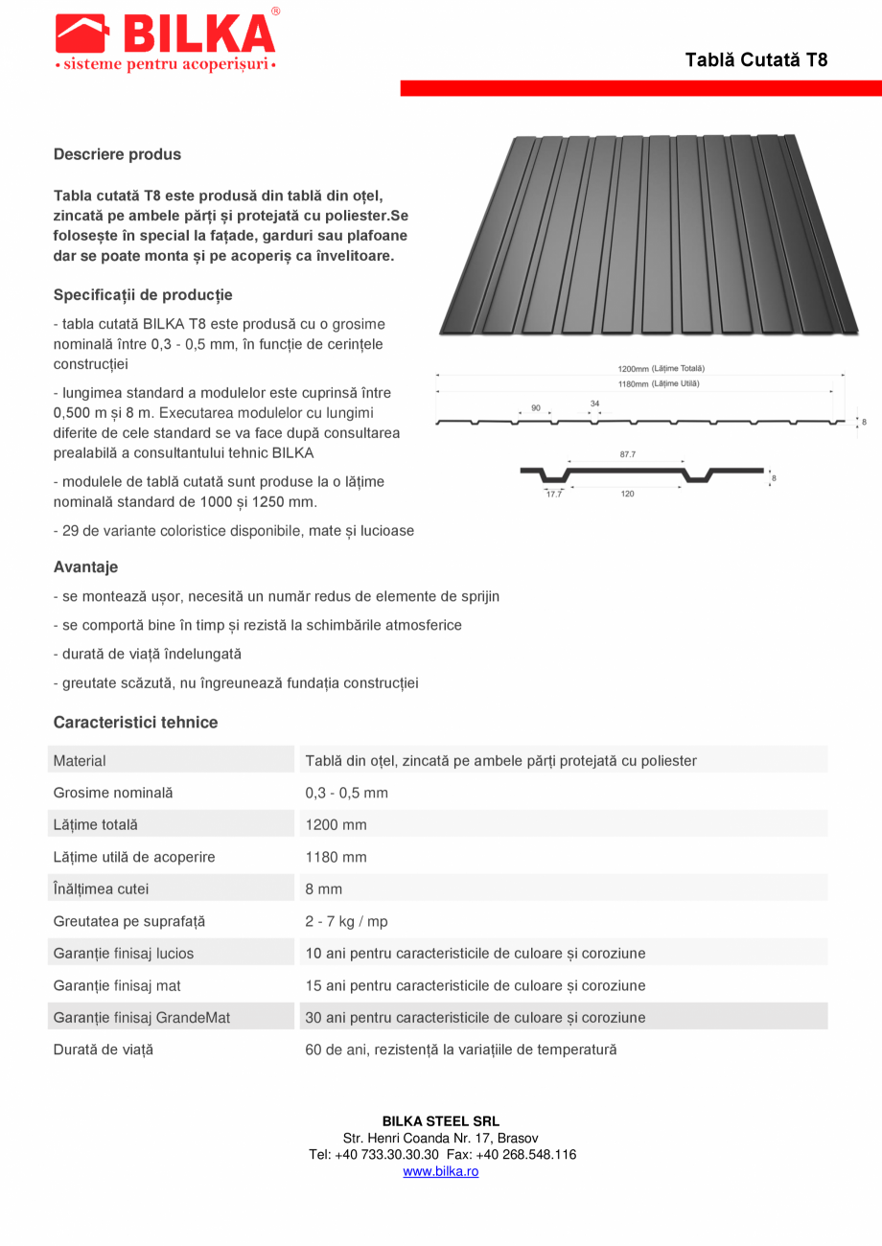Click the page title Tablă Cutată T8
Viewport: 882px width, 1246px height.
[x=755, y=60]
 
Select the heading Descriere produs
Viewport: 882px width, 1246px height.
[x=117, y=154]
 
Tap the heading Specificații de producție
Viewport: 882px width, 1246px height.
[x=143, y=295]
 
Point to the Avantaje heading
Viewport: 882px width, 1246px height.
[x=85, y=567]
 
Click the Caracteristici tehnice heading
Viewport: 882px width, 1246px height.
[x=135, y=723]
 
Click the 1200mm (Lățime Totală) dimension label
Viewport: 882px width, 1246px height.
[x=661, y=368]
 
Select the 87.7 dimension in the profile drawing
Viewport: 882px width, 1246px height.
[x=628, y=455]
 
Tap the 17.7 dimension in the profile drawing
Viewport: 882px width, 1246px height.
[x=554, y=494]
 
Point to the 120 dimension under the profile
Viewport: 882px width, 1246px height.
[x=627, y=494]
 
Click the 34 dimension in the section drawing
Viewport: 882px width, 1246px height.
[x=594, y=404]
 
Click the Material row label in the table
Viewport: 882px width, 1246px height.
[x=80, y=761]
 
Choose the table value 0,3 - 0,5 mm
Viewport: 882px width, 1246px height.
[x=346, y=794]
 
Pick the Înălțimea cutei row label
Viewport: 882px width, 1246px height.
[x=101, y=889]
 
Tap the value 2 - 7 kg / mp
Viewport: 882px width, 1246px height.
[x=346, y=922]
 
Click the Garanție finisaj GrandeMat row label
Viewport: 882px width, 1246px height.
[x=142, y=1018]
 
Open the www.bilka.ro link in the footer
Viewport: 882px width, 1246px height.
[x=440, y=1171]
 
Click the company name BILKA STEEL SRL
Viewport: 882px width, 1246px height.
[x=441, y=1121]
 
